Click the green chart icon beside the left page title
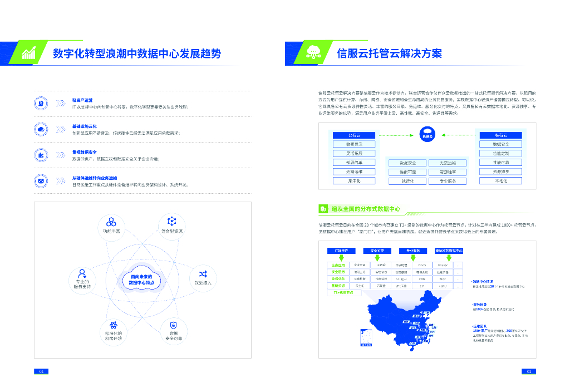pos(28,53)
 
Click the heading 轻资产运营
pos(82,100)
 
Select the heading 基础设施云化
pos(85,126)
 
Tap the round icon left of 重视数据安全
pos(41,155)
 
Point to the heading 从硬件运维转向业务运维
pos(94,178)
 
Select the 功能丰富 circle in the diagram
pos(111,225)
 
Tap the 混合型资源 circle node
pos(172,225)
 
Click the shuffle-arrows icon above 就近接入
pos(203,273)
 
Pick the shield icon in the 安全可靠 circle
pos(173,325)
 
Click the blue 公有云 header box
pos(354,135)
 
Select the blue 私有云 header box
pos(501,135)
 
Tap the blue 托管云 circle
pos(427,134)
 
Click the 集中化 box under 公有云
pos(354,180)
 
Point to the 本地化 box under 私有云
pos(501,180)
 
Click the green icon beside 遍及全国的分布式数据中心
pos(323,209)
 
